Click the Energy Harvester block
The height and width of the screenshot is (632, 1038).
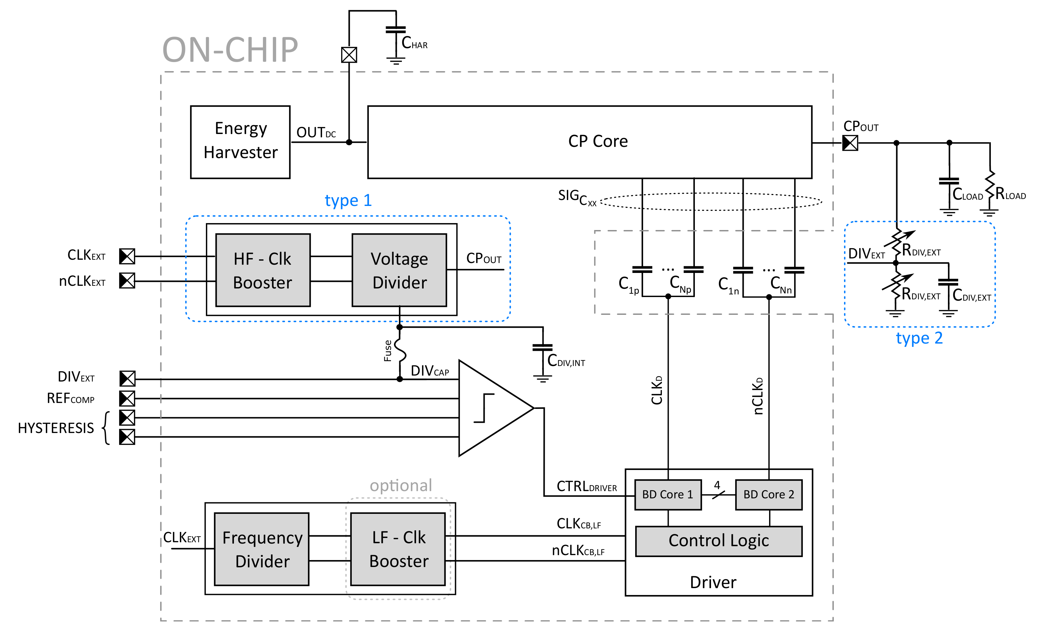240,142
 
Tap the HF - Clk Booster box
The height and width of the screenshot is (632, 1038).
263,270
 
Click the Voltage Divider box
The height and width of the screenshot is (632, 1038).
399,270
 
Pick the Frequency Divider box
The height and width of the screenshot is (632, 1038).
262,549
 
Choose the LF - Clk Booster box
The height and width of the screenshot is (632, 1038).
398,549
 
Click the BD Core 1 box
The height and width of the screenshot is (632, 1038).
668,495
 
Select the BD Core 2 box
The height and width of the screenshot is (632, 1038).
768,495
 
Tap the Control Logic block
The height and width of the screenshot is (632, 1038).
718,541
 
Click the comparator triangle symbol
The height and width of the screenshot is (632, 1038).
489,408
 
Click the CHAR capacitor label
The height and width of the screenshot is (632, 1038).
414,43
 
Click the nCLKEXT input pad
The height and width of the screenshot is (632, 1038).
127,281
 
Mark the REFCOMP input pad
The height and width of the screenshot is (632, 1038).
127,398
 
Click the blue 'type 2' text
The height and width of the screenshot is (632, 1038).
919,338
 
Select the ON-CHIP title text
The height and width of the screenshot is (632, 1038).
230,50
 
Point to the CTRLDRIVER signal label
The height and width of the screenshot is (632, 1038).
586,487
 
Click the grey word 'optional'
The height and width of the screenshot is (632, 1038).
401,485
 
